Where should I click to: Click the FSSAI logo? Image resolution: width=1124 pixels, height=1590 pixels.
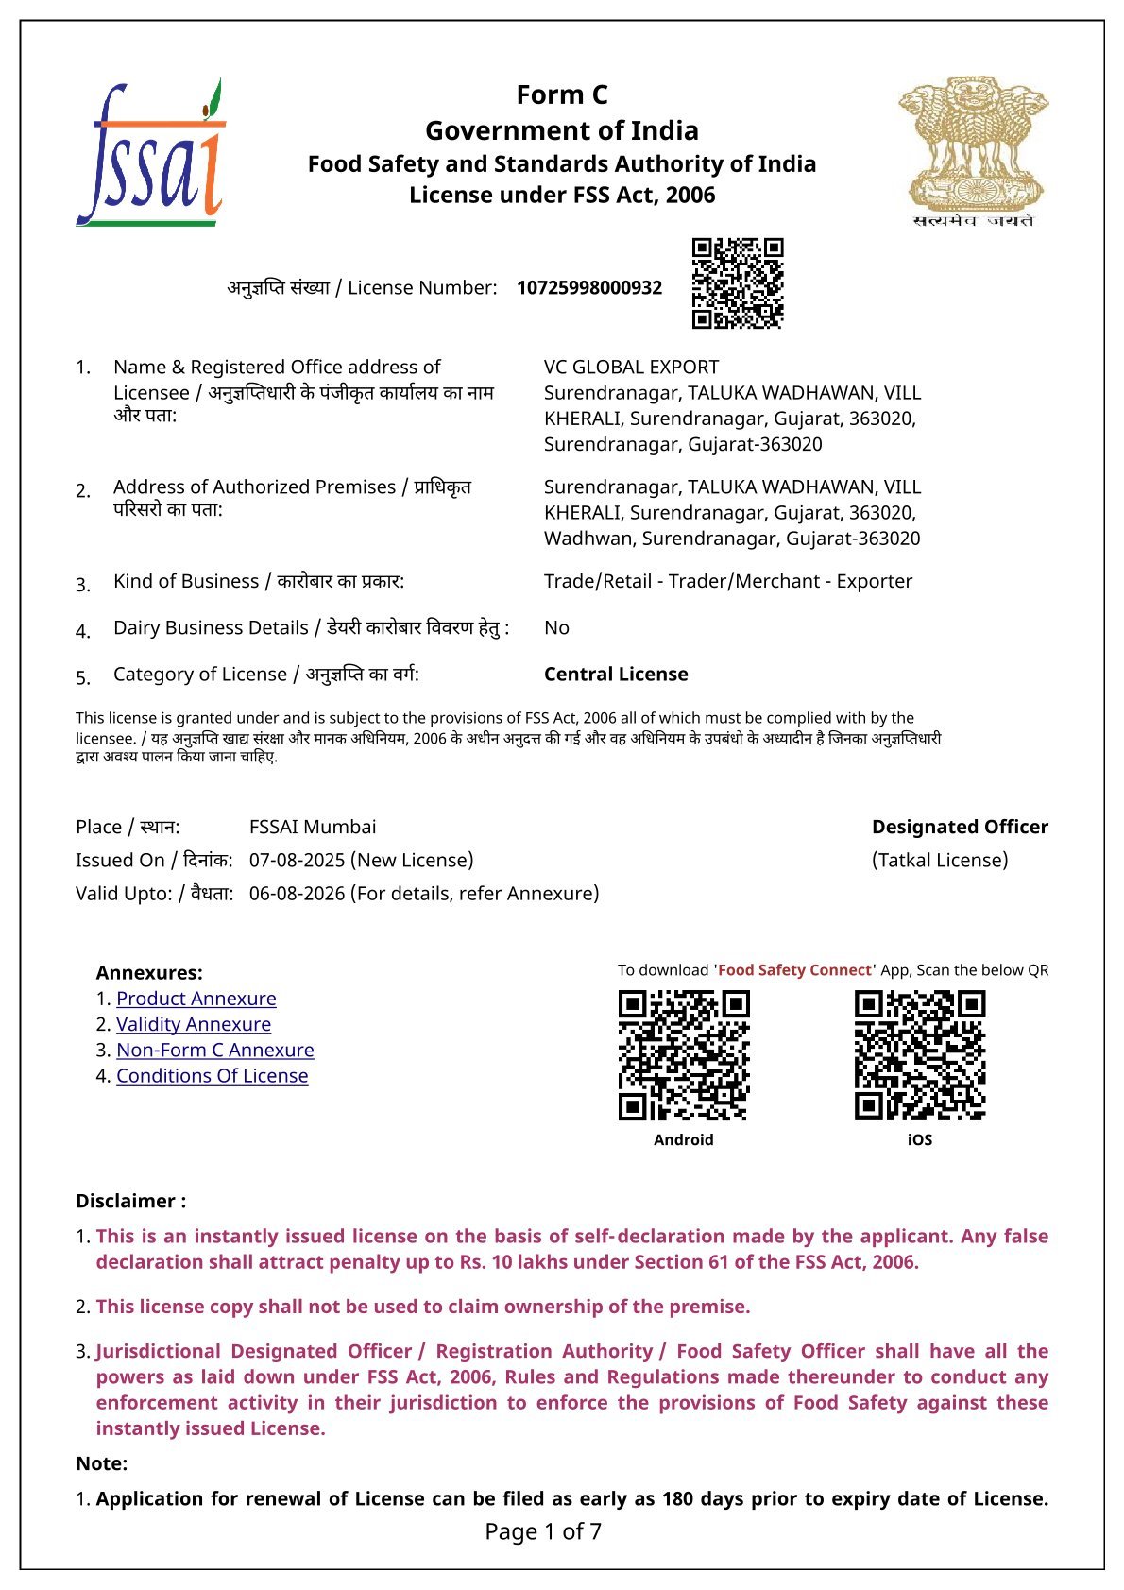(x=151, y=153)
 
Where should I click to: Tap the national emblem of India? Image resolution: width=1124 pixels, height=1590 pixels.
(x=973, y=151)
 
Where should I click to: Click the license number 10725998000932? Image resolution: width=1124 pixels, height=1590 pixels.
(x=589, y=287)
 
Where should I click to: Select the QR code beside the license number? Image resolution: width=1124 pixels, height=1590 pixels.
(x=738, y=283)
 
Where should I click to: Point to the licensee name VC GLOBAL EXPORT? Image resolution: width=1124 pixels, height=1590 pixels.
(x=631, y=367)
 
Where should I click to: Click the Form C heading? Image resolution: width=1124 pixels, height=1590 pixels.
(x=562, y=94)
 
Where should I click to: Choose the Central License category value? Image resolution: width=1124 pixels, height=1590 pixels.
(x=616, y=674)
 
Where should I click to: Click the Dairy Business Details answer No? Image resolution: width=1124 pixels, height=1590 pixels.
(x=556, y=627)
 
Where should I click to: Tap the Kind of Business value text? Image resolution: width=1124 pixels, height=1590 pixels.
(x=727, y=581)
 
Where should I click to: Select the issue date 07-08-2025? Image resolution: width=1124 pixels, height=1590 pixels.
(x=297, y=860)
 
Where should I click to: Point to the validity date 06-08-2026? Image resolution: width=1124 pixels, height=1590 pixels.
(x=297, y=893)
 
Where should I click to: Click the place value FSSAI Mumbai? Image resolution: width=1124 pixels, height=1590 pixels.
(x=313, y=827)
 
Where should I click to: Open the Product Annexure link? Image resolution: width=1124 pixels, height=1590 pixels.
(x=196, y=999)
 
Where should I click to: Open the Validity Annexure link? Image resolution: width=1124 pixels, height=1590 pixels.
(x=194, y=1024)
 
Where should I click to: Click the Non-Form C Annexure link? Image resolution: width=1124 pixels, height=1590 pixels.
(x=215, y=1050)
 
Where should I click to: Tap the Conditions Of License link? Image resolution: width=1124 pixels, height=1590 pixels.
(x=213, y=1075)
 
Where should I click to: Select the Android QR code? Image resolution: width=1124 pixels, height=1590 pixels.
(x=684, y=1055)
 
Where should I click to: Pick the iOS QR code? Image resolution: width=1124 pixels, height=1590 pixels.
(x=920, y=1055)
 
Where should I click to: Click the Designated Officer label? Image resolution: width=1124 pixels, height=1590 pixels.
(x=960, y=827)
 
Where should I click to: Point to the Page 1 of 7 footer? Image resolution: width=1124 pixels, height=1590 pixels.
(x=543, y=1531)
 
